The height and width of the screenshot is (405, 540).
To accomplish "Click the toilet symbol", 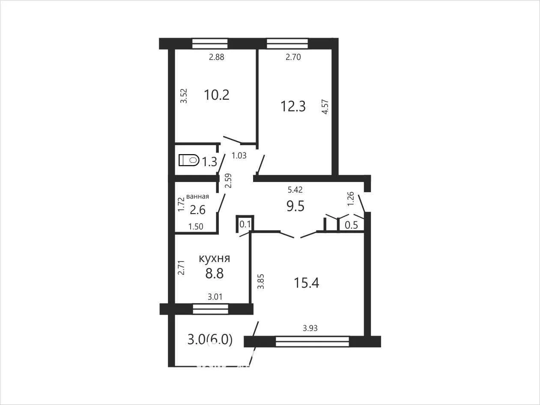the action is [x=189, y=160].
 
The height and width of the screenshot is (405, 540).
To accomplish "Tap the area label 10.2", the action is [x=217, y=95].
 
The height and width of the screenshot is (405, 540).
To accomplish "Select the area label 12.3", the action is [x=293, y=107].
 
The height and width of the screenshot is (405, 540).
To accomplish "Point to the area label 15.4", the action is [x=307, y=283].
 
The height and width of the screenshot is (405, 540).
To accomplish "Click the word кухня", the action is [x=214, y=259].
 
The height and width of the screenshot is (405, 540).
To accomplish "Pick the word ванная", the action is [x=197, y=197].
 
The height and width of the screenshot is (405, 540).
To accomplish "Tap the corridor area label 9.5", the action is [x=295, y=206].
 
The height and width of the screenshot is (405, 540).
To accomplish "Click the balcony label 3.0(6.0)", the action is [x=210, y=340].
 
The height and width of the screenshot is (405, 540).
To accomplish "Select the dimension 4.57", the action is [x=325, y=107].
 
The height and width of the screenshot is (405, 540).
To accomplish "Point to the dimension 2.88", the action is [x=217, y=57].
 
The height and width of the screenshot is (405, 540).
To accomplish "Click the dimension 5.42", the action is [x=295, y=190].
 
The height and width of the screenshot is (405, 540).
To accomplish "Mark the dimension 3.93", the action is [x=310, y=328].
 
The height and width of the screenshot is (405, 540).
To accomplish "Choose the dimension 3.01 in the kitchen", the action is [x=215, y=297].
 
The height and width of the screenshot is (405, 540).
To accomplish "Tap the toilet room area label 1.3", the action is [x=209, y=162].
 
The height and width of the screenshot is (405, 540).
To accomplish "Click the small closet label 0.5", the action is [x=351, y=225].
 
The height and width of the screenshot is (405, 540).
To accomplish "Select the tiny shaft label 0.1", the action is [x=245, y=224].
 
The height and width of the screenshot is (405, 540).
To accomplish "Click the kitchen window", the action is [x=211, y=309].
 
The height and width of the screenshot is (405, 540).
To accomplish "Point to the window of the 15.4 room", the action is [x=313, y=342].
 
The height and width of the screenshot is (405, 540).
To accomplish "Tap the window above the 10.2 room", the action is [x=210, y=44].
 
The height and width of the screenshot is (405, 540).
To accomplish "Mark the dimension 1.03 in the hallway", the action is [x=239, y=156].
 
